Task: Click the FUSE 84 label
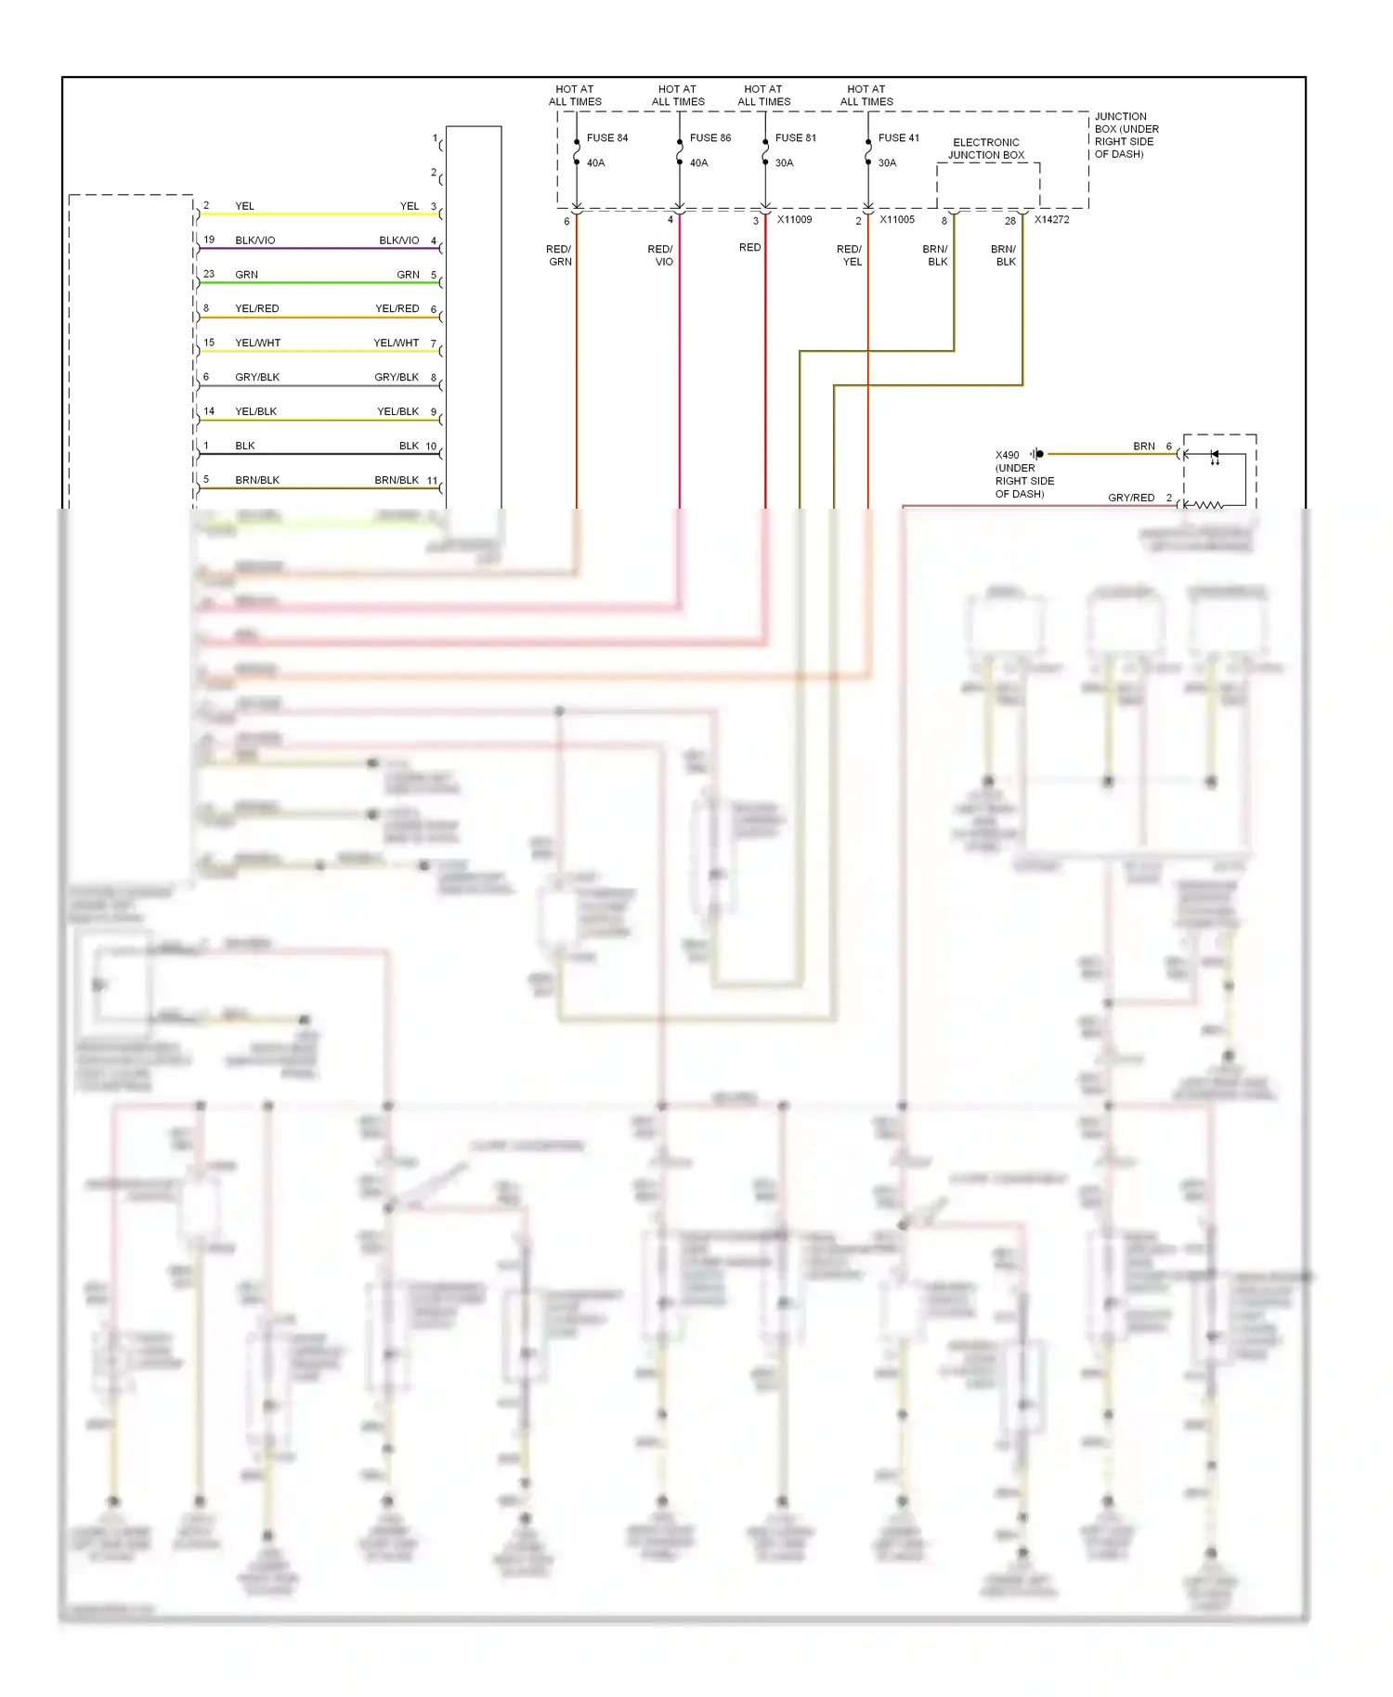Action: point(606,137)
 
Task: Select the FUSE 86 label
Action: point(710,137)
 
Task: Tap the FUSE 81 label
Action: point(795,137)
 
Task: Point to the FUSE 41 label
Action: point(898,137)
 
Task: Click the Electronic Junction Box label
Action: point(985,149)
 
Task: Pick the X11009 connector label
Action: point(794,220)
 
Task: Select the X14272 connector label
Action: point(1051,220)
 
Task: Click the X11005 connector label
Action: point(897,220)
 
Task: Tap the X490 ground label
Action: point(1007,455)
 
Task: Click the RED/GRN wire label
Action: point(559,255)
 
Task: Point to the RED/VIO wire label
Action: point(660,255)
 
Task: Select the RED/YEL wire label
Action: point(849,255)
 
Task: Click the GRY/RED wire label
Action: point(1130,498)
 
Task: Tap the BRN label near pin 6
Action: point(1143,447)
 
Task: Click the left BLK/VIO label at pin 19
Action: point(254,240)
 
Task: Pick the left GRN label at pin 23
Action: point(246,275)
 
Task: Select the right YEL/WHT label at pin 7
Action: point(396,343)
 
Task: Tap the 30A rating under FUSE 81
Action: point(784,163)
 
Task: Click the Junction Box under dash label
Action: point(1126,136)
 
